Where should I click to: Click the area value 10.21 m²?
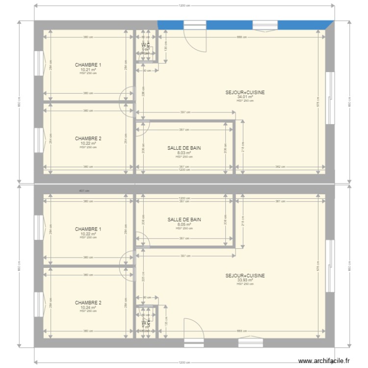(88, 70)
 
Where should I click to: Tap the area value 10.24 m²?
(88, 308)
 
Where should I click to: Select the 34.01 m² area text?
(245, 97)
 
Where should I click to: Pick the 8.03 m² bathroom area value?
(184, 153)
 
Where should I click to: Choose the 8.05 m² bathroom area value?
(184, 224)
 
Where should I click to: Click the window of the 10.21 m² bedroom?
(37, 64)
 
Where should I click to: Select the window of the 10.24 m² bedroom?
(37, 304)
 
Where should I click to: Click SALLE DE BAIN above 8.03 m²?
(184, 148)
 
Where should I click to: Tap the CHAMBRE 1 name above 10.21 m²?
(88, 65)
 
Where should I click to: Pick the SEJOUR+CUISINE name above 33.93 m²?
(245, 276)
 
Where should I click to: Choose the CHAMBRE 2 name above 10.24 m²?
(88, 303)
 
